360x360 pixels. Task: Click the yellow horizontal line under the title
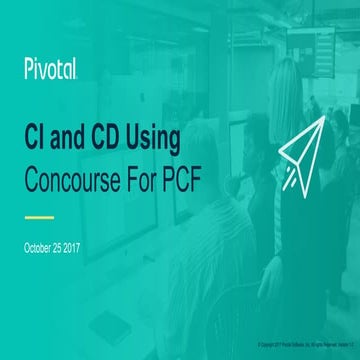[x=38, y=214]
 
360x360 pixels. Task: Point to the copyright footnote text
[x=299, y=341]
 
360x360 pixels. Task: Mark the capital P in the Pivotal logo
[x=29, y=69]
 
